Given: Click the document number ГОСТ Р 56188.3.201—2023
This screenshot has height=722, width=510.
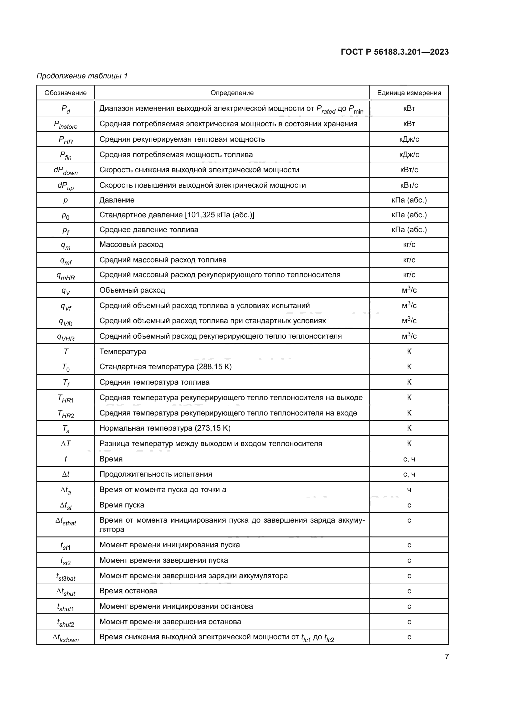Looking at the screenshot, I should (x=394, y=52).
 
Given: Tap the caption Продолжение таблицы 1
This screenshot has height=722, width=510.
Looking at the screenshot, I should (x=82, y=76).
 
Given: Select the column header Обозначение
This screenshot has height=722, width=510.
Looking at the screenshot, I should (x=65, y=93).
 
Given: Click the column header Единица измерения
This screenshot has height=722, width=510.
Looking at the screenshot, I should (x=409, y=93).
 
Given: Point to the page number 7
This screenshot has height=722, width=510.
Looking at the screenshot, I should (x=446, y=657).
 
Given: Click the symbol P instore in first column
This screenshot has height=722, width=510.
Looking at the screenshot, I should (x=65, y=124).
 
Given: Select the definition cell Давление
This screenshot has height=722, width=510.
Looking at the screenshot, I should (x=117, y=200).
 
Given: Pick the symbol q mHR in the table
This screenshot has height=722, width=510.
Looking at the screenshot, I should (x=65, y=276).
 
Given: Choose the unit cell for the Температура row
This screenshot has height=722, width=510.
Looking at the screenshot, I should (x=409, y=351).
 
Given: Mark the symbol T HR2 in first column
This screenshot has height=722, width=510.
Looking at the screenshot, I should (x=65, y=414).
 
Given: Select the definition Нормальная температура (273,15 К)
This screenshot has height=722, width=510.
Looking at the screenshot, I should (x=165, y=428).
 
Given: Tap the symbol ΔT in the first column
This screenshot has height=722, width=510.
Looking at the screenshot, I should (x=65, y=443).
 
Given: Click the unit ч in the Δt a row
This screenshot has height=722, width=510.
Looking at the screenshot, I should (x=409, y=490).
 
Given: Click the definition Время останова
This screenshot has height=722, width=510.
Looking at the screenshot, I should (x=128, y=591).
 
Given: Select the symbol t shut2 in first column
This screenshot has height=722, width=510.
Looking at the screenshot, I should (x=65, y=622).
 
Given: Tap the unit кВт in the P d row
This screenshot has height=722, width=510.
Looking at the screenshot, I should (x=409, y=108).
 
